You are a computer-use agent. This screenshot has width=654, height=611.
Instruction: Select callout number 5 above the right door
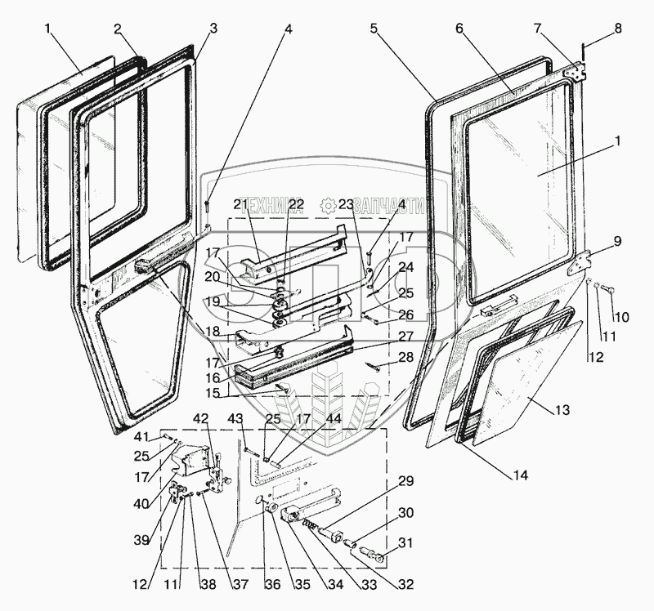[374, 29]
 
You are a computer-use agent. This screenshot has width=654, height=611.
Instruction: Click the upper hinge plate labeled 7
[578, 72]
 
